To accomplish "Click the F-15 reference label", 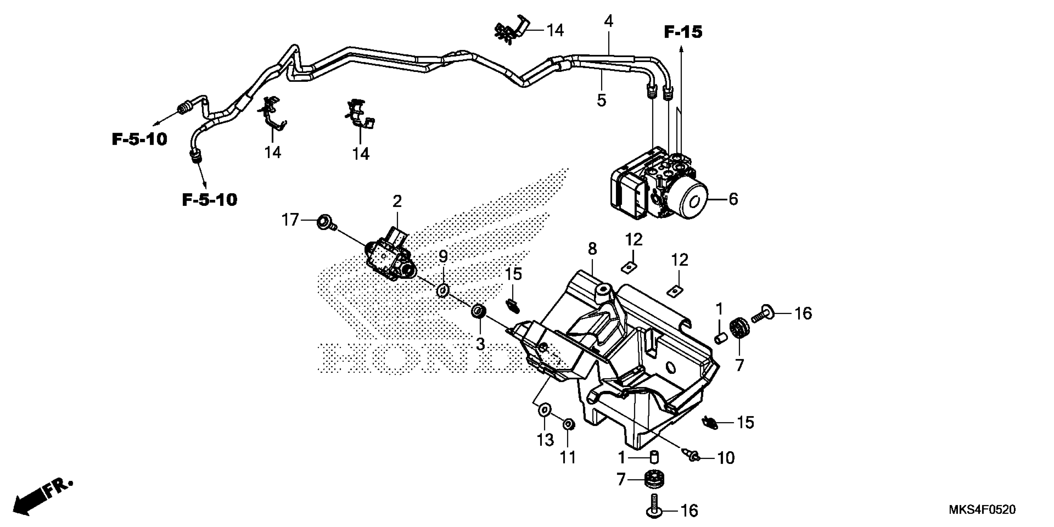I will coord(683,32).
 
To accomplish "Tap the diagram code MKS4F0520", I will coord(982,509).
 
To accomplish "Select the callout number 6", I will coord(733,199).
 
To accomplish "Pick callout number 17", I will coord(290,220).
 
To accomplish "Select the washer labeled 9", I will coord(443,291).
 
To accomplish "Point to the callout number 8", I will coord(592,248).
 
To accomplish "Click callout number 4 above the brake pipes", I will coord(609,21).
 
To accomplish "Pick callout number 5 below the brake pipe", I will coord(601,100).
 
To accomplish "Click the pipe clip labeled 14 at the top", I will coord(511,31).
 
